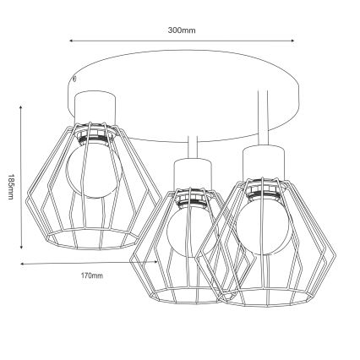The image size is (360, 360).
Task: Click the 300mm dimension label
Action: click(x=181, y=30)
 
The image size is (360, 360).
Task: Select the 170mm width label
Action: click(x=93, y=276)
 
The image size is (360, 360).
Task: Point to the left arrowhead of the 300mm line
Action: click(x=71, y=41)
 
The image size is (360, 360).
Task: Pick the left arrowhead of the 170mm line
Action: click(x=23, y=265)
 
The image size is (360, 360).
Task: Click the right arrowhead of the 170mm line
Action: click(x=161, y=265)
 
